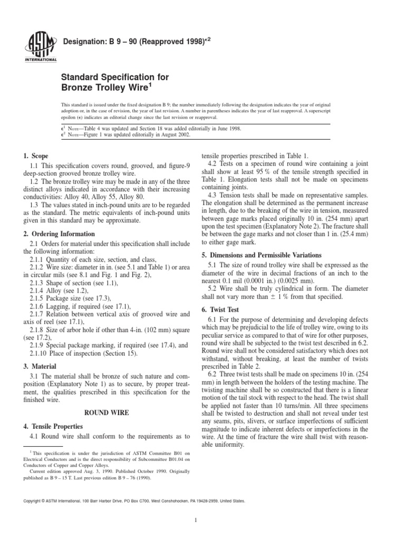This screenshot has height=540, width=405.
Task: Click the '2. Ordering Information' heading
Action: pyautogui.click(x=59, y=234)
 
